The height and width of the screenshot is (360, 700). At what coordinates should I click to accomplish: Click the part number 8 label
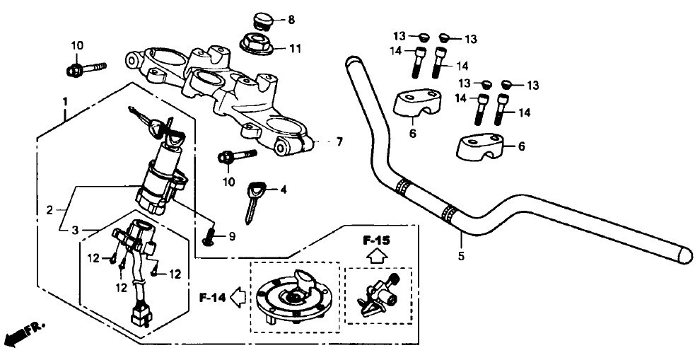pos(291,20)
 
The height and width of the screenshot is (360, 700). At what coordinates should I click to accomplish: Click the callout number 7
pos(339,142)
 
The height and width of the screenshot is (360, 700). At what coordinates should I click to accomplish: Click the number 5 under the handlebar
pos(461,256)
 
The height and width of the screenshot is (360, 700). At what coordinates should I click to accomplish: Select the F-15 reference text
pos(376,240)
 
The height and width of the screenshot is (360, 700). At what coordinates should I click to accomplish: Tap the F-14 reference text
pos(213,298)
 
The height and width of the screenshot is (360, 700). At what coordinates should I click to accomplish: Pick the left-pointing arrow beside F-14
pos(238,296)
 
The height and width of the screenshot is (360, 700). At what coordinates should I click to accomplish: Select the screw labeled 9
pos(209,237)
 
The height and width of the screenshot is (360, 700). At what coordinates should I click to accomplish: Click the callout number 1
pos(65,101)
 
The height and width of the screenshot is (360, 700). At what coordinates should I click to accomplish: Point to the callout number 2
pos(49,210)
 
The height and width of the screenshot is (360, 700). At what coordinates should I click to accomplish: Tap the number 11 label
pos(295,48)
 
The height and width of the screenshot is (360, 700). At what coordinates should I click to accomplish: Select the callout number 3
pos(76,230)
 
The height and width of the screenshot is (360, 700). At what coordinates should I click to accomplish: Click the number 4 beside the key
pos(283,190)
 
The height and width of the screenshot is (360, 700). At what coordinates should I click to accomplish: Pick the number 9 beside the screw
pos(232,236)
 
